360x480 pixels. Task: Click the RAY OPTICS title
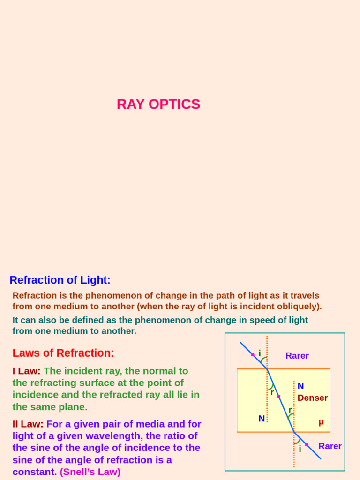click(x=158, y=104)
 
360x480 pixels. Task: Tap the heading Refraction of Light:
click(x=60, y=280)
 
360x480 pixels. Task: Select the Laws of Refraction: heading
click(x=63, y=353)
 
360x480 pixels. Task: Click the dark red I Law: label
click(x=26, y=371)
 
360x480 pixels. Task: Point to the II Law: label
click(x=28, y=424)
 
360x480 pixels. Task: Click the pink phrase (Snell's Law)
click(x=90, y=472)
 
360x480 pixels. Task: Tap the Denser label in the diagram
click(x=312, y=398)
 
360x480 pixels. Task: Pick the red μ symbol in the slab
click(x=321, y=422)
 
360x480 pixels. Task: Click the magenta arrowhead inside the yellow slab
click(x=278, y=397)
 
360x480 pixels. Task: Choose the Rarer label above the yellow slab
click(x=297, y=356)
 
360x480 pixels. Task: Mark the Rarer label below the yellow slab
click(x=330, y=446)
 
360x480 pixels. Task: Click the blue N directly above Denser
click(x=300, y=386)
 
